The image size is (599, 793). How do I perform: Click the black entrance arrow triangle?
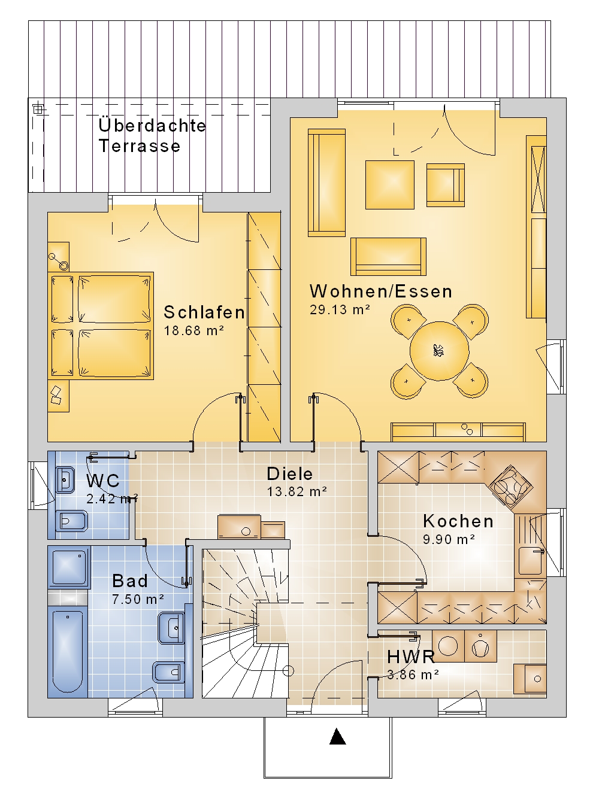337,736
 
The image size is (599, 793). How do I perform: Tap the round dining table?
439,351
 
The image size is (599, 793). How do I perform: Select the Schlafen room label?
204,312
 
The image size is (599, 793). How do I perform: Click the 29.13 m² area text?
340,309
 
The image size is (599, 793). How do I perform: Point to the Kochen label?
458,521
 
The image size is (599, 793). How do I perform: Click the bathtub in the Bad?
68,651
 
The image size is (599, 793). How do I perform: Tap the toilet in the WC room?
71,521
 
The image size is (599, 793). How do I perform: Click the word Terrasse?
139,145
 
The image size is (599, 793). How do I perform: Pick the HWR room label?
411,657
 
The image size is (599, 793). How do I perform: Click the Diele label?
289,473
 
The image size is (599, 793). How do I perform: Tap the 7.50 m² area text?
138,599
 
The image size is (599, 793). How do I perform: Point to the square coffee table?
390,184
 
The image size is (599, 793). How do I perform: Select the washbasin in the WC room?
65,480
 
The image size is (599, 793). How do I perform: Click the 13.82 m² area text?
297,492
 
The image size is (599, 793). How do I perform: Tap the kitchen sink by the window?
531,561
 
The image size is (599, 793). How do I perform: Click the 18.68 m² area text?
194,330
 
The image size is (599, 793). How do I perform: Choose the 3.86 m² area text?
413,675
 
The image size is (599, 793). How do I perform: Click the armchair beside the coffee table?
446,185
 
